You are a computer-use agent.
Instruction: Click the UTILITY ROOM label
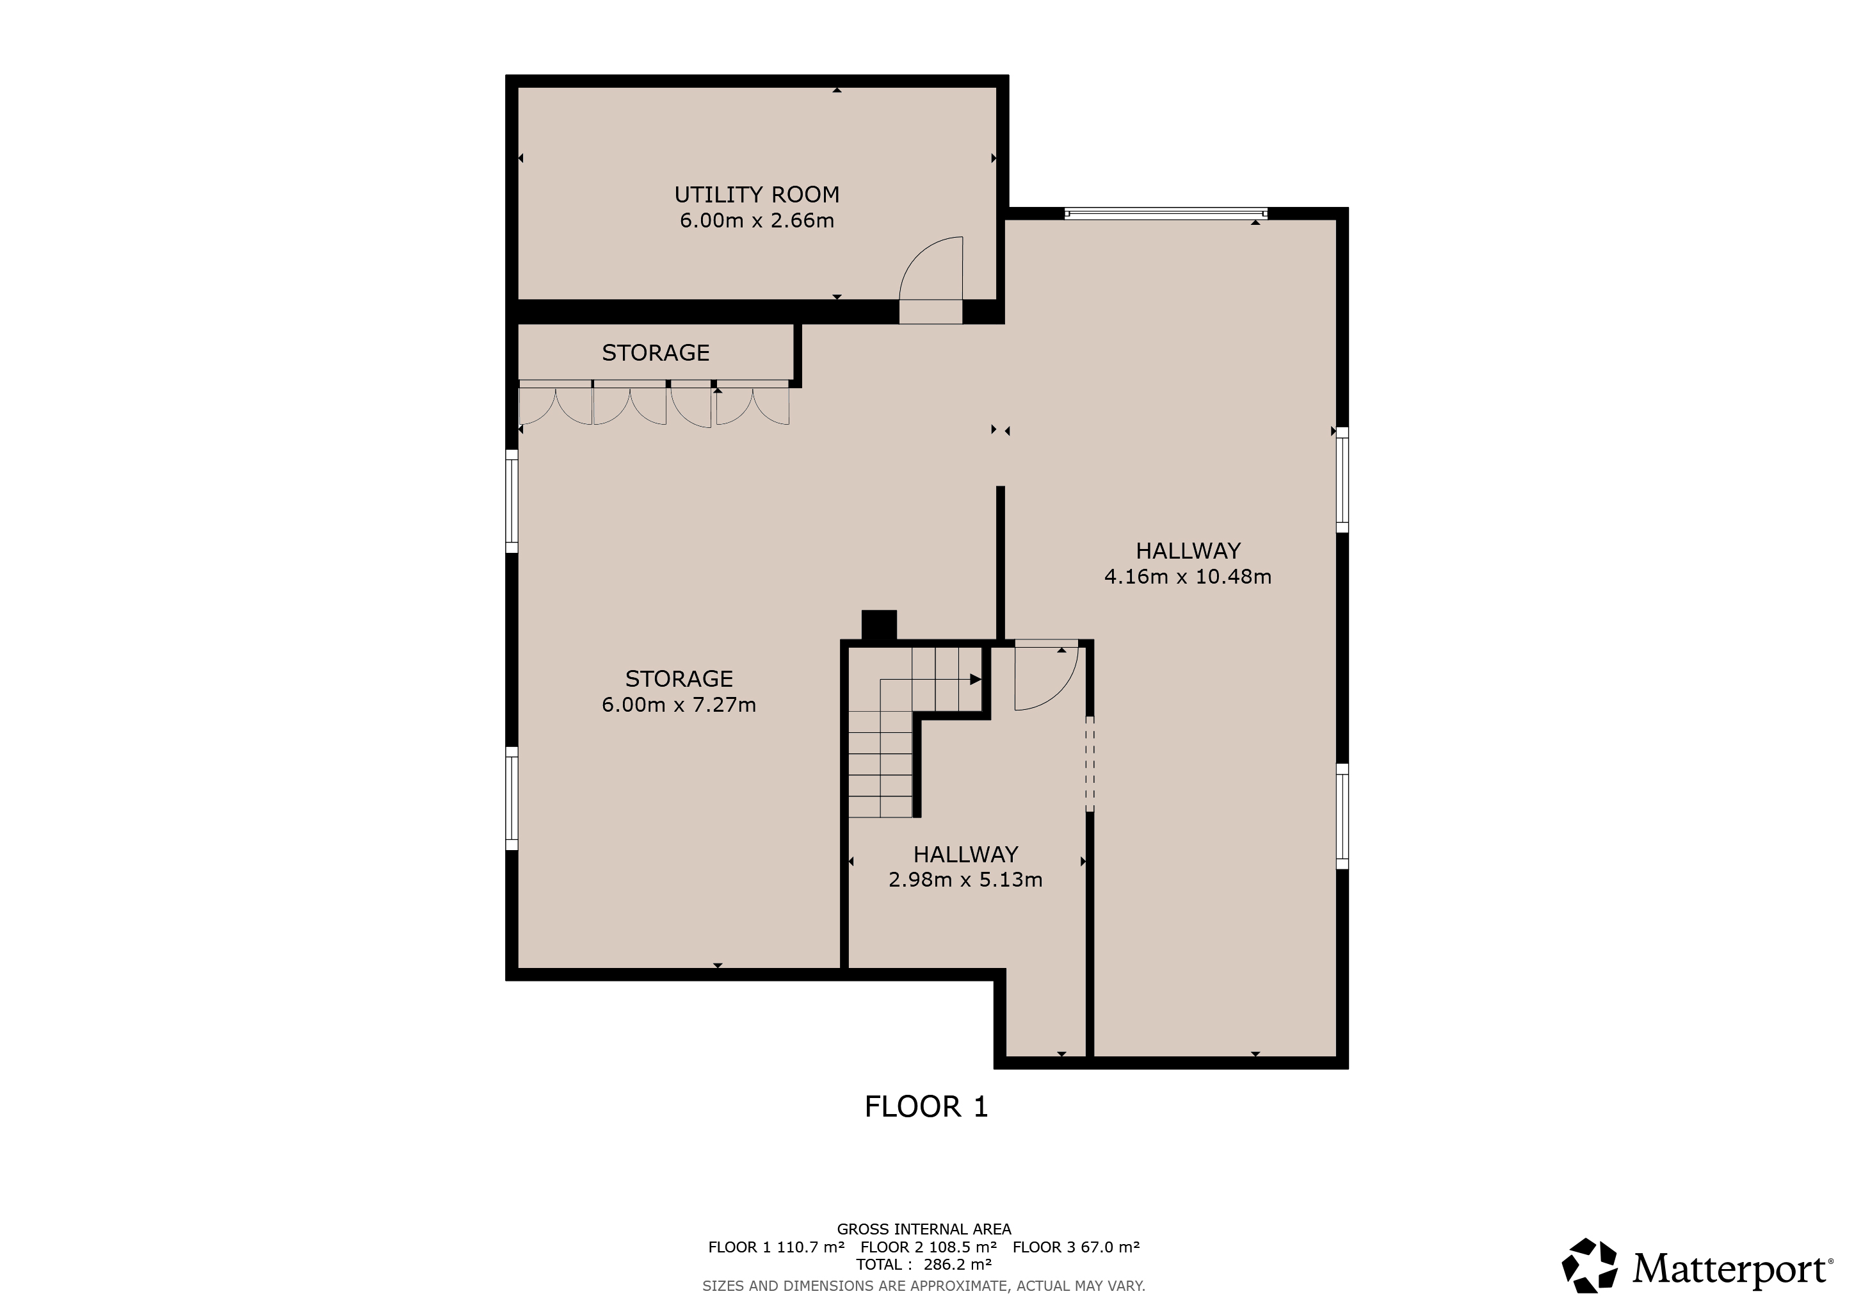[x=757, y=195]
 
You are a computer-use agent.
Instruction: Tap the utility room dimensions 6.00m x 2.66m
[x=757, y=220]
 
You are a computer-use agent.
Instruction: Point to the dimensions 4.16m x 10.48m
[x=1188, y=577]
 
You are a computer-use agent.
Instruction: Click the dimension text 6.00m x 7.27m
[x=679, y=705]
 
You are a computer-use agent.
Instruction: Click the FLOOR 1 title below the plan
[x=926, y=1107]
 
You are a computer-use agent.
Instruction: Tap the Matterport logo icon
[x=1588, y=1266]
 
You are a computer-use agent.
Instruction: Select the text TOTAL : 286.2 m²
[x=924, y=1265]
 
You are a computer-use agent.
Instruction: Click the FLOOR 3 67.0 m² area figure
[x=1076, y=1247]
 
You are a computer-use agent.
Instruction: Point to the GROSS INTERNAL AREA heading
[x=924, y=1229]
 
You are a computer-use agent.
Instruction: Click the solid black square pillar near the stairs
[x=880, y=625]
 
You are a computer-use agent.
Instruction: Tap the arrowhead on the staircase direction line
[x=976, y=680]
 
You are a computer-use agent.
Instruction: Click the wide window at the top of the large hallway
[x=1165, y=213]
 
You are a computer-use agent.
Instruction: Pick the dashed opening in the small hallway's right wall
[x=1090, y=764]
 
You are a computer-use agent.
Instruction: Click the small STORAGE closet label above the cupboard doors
[x=656, y=353]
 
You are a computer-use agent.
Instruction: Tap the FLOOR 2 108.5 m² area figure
[x=929, y=1247]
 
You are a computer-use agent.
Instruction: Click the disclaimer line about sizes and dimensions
[x=924, y=1285]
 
